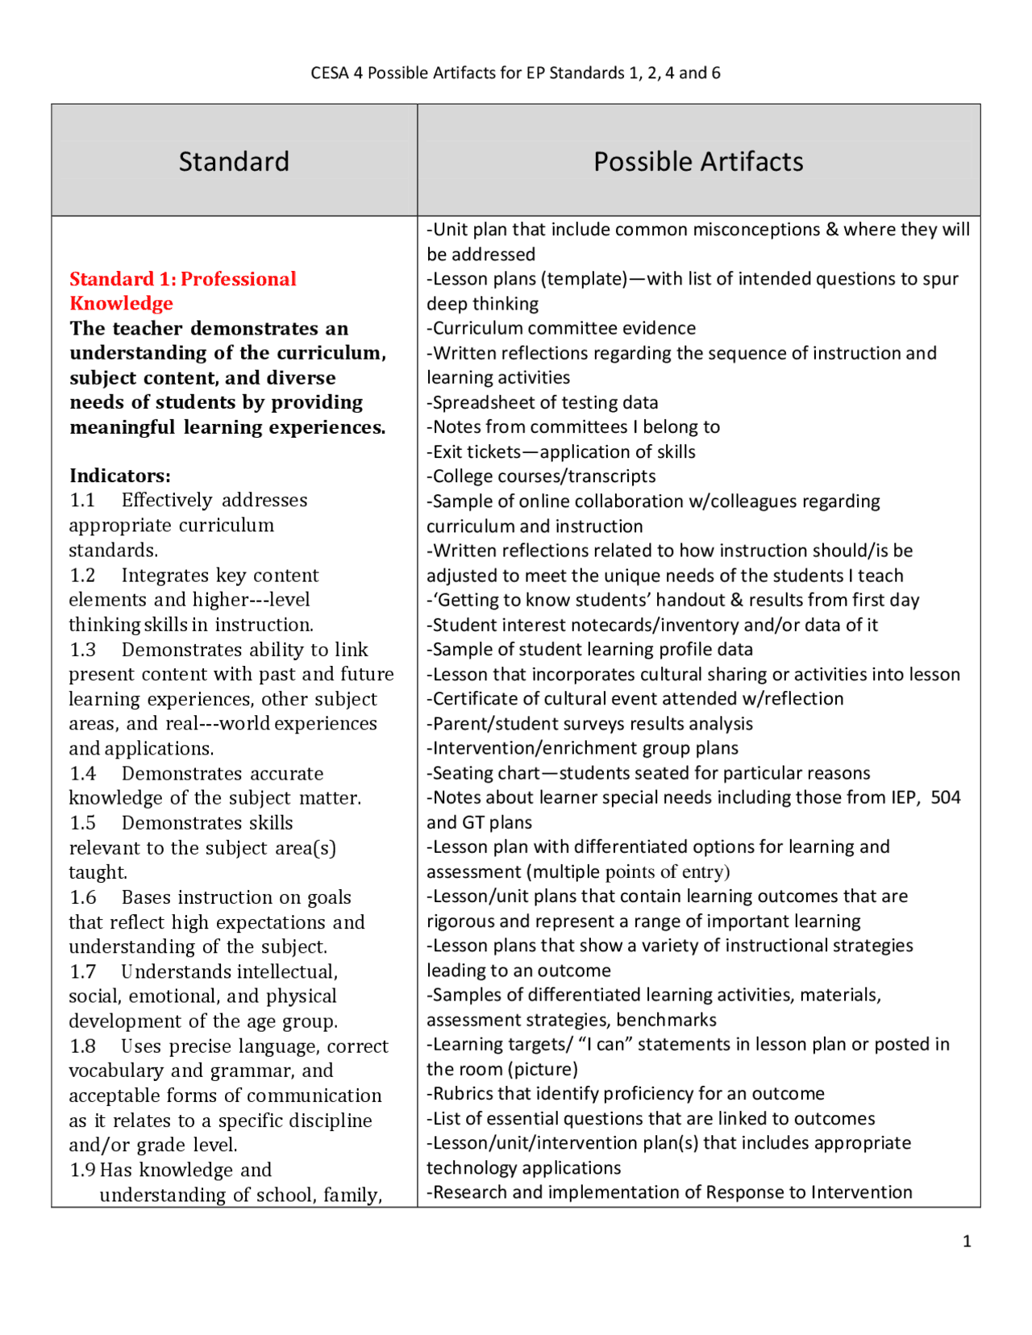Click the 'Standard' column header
pos(234,161)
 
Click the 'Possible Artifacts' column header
pos(698,161)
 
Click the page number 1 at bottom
pos(967,1241)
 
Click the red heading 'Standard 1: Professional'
pos(183,279)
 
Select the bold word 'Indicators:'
pos(120,476)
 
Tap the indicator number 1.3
pos(83,650)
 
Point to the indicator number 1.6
pos(83,897)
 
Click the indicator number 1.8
pos(83,1046)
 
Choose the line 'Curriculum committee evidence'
pos(562,328)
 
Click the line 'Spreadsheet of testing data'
pos(543,402)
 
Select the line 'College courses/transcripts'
pos(542,476)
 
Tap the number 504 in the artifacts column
pos(945,797)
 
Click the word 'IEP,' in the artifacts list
pos(905,797)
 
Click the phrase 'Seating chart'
pos(486,773)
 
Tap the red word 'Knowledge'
pos(121,303)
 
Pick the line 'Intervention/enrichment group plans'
pos(583,748)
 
